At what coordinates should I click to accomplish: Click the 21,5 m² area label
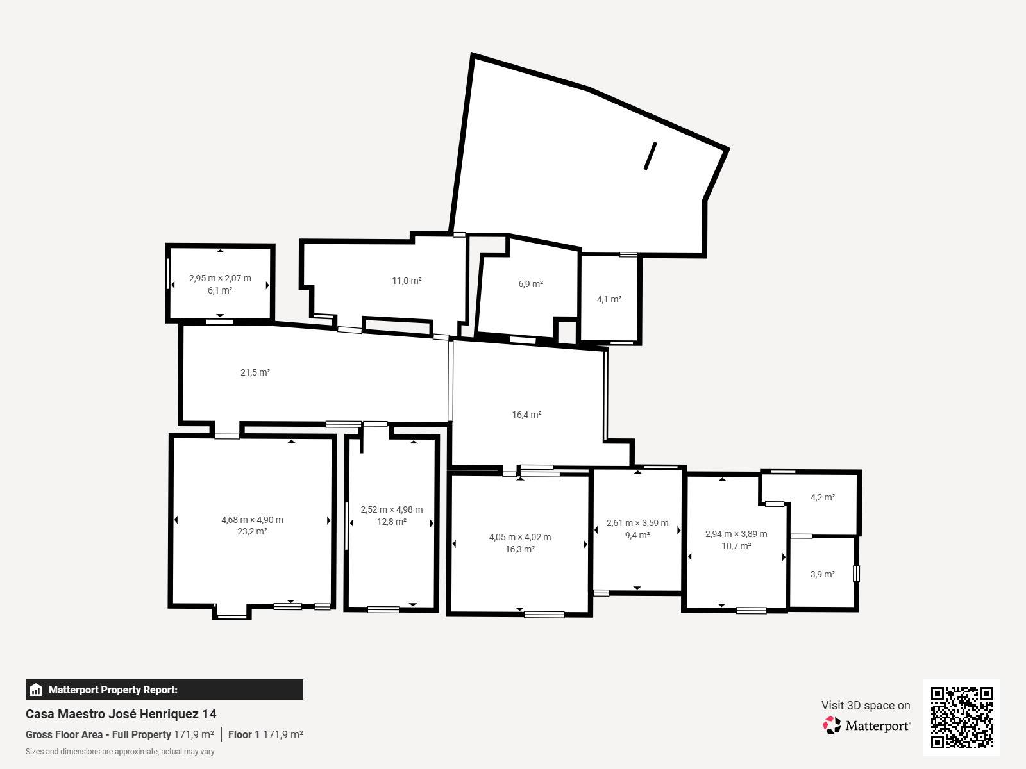pyautogui.click(x=255, y=372)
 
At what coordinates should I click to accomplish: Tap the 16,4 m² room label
pyautogui.click(x=527, y=415)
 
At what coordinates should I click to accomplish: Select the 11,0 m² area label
pyautogui.click(x=407, y=281)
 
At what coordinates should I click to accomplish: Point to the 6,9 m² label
pyautogui.click(x=530, y=284)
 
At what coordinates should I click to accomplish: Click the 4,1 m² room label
pyautogui.click(x=609, y=299)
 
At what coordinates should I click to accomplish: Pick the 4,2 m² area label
pyautogui.click(x=823, y=497)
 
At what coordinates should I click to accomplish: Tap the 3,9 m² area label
pyautogui.click(x=823, y=574)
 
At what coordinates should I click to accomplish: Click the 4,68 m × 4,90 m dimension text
pyautogui.click(x=253, y=520)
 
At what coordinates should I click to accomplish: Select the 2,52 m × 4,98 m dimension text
pyautogui.click(x=392, y=509)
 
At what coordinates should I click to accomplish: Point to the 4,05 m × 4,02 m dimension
pyautogui.click(x=520, y=537)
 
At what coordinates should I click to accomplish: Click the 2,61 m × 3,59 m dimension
pyautogui.click(x=637, y=523)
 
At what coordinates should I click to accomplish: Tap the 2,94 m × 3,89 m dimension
pyautogui.click(x=736, y=534)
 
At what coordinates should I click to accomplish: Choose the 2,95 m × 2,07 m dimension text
pyautogui.click(x=220, y=278)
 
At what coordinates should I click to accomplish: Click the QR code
pyautogui.click(x=961, y=717)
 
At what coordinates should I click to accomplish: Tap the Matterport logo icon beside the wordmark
pyautogui.click(x=832, y=725)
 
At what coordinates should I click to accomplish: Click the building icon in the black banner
pyautogui.click(x=36, y=690)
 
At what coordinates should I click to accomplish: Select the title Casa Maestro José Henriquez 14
pyautogui.click(x=121, y=714)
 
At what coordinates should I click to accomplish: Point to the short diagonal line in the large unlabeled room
pyautogui.click(x=650, y=156)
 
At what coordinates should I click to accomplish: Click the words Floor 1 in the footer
pyautogui.click(x=244, y=734)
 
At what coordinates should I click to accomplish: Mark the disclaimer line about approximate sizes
pyautogui.click(x=120, y=752)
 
